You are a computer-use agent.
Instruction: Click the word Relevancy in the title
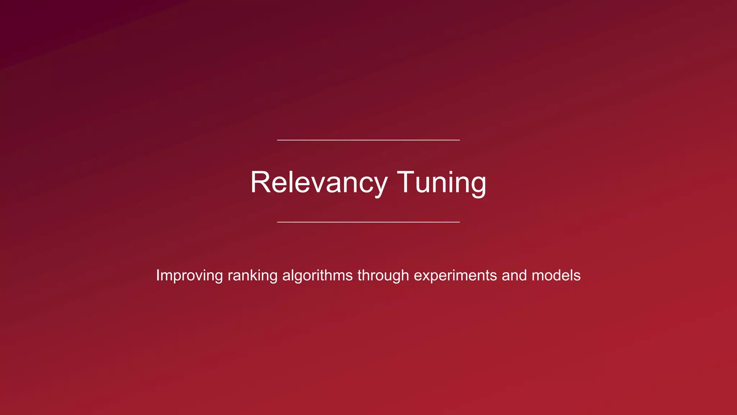(x=319, y=182)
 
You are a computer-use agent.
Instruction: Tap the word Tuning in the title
(x=442, y=182)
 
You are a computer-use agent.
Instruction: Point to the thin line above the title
(x=368, y=140)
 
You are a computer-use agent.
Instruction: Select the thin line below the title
(x=368, y=222)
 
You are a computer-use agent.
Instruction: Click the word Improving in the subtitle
(x=189, y=276)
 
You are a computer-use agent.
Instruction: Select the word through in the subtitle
(x=383, y=276)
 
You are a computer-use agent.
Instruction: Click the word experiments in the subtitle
(x=455, y=276)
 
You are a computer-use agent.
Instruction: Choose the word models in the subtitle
(x=556, y=276)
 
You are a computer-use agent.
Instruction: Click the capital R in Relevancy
(x=260, y=182)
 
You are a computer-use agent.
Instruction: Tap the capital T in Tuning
(x=407, y=182)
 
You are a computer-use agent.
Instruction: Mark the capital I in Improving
(x=158, y=275)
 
